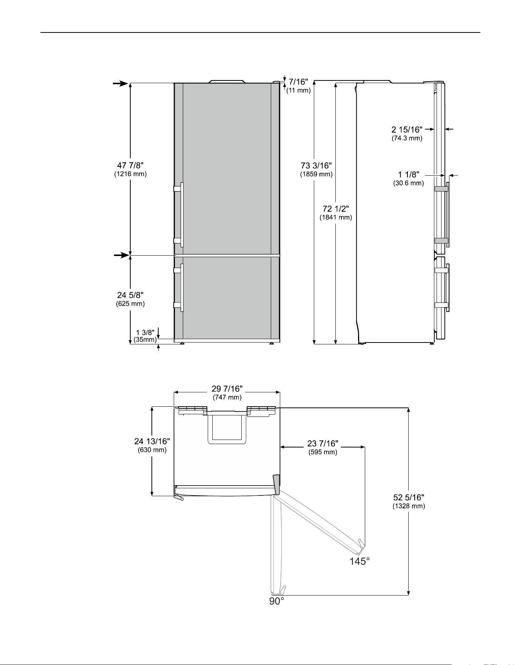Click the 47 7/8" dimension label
pyautogui.click(x=130, y=165)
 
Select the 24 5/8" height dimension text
pyautogui.click(x=130, y=295)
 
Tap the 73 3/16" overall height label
pyautogui.click(x=316, y=165)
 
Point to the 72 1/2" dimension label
pyautogui.click(x=336, y=208)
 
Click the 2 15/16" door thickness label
pyautogui.click(x=407, y=130)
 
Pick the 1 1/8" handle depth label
pyautogui.click(x=409, y=175)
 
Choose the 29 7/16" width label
pyautogui.click(x=227, y=389)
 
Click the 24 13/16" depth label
pyautogui.click(x=152, y=441)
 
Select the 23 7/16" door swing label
pyautogui.click(x=323, y=443)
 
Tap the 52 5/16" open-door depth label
pyautogui.click(x=409, y=498)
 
